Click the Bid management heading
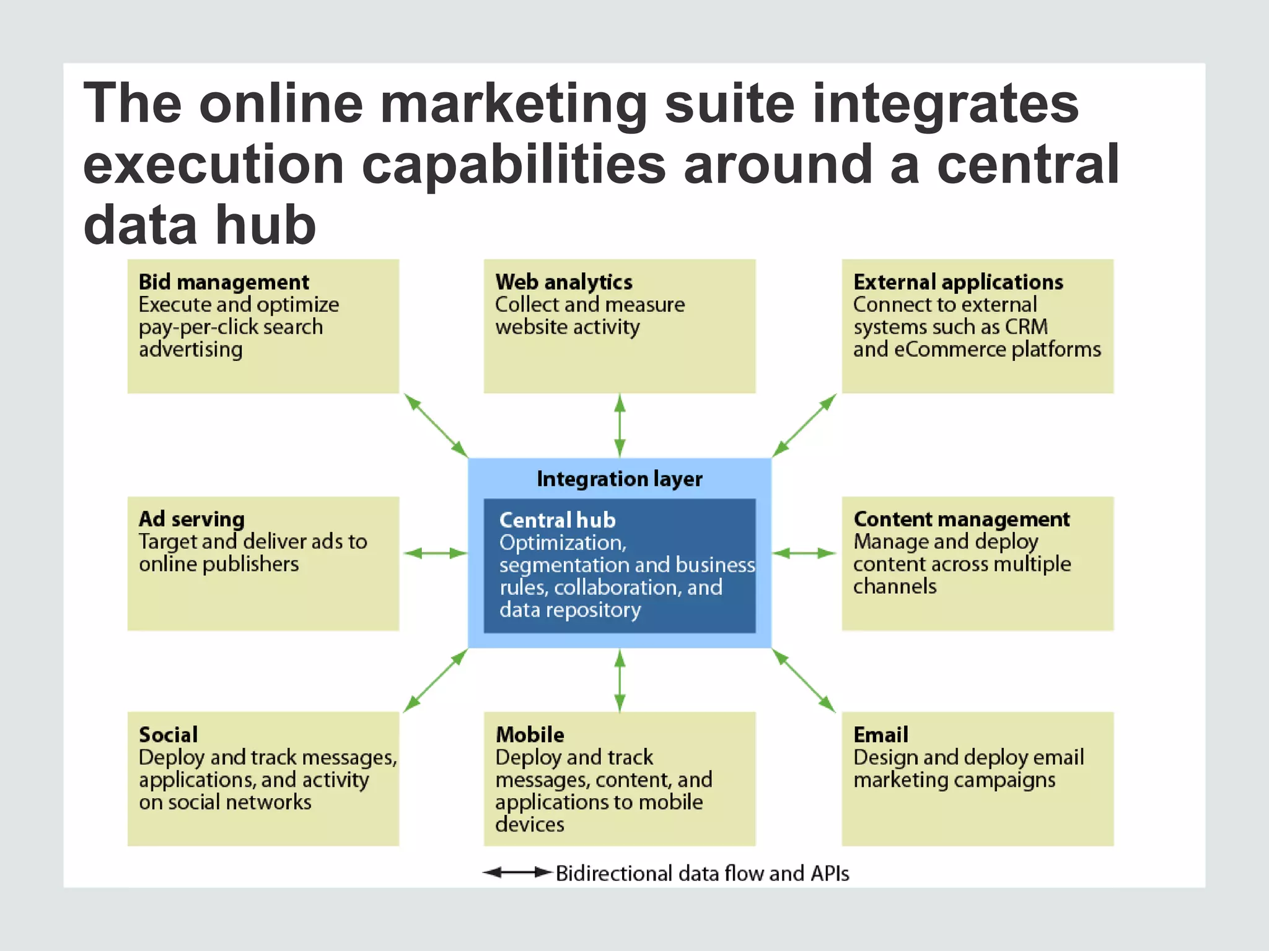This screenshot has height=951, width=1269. click(x=224, y=282)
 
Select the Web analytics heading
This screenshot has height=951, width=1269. click(x=564, y=282)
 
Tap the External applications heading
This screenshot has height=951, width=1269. click(x=958, y=282)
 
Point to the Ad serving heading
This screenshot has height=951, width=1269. click(x=191, y=519)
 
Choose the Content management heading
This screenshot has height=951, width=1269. click(x=961, y=519)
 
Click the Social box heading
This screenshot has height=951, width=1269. click(x=168, y=735)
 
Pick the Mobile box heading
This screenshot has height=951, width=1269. click(x=530, y=735)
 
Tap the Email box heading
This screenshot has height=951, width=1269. click(x=880, y=735)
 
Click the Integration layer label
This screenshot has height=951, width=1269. click(x=620, y=479)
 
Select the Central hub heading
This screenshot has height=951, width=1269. click(x=557, y=520)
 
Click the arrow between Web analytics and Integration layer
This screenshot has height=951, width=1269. click(x=620, y=425)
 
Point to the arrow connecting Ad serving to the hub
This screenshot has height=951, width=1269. click(x=435, y=553)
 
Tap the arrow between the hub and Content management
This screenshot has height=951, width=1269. click(x=804, y=553)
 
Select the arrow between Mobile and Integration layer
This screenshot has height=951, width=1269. click(x=620, y=680)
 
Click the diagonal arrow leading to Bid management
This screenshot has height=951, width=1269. click(x=436, y=425)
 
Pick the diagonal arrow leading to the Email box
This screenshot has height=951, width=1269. click(x=804, y=680)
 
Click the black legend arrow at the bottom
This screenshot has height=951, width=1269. click(x=517, y=873)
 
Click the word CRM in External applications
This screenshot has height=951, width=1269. click(x=1026, y=327)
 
